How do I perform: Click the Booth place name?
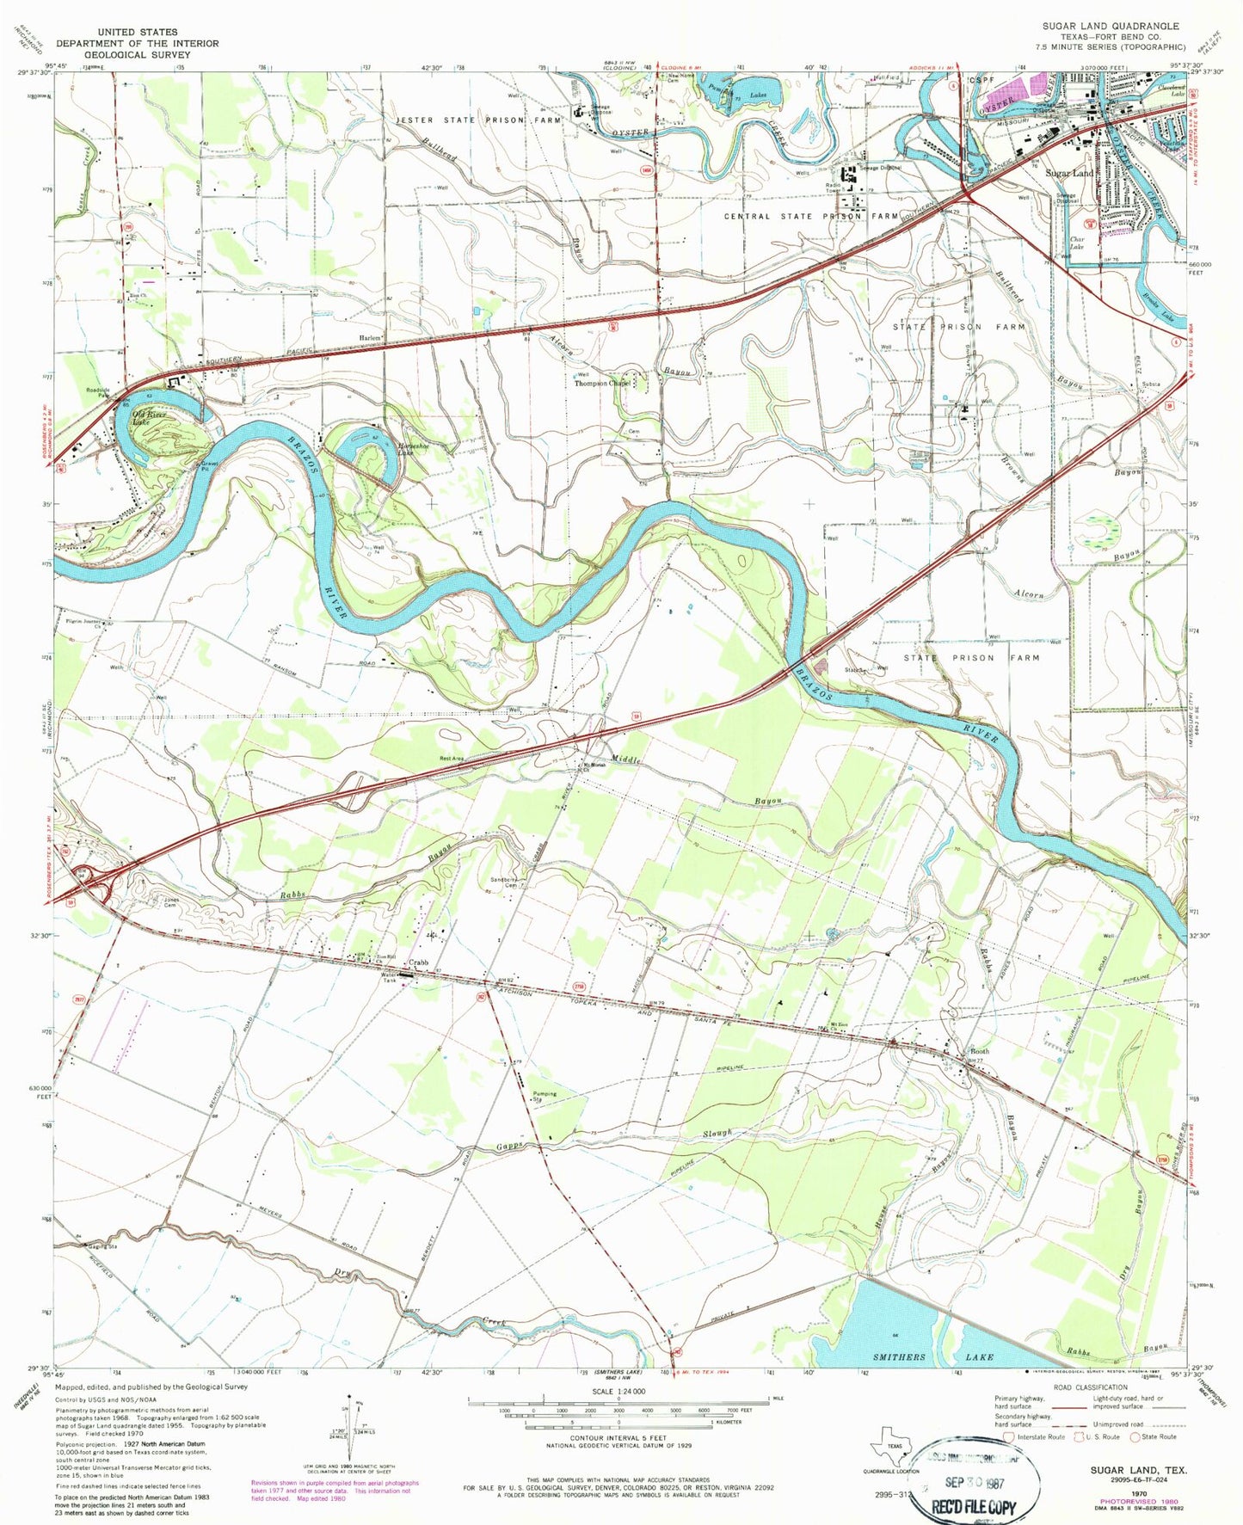tap(980, 1051)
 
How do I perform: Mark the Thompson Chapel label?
tap(603, 384)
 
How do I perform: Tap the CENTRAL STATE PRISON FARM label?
tap(811, 217)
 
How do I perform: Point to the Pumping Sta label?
tap(545, 1097)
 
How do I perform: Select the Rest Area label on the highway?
tap(452, 758)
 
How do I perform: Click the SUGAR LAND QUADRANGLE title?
tap(1111, 27)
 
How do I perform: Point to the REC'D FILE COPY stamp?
tap(974, 1506)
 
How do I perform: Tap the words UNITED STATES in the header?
tap(138, 32)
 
